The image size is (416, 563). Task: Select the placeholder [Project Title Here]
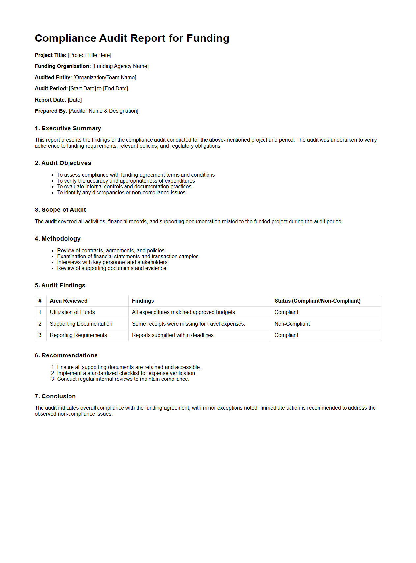pos(90,55)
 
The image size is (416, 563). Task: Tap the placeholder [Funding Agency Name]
pos(120,66)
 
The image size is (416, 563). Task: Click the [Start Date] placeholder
pos(82,89)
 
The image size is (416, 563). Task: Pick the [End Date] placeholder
pos(116,89)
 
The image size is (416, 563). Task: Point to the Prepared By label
pos(51,111)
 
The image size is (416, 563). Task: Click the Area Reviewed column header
pos(69,301)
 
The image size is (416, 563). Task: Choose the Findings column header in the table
pos(143,301)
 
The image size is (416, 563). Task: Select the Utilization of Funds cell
pos(72,312)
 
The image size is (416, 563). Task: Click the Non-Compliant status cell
pos(292,324)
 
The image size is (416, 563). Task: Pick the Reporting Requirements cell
pos(78,335)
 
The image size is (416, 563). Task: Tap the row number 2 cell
pos(40,324)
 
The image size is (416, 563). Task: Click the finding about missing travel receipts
pos(188,324)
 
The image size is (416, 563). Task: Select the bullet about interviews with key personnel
pos(112,262)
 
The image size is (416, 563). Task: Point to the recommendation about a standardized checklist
pos(126,373)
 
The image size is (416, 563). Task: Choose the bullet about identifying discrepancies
pos(121,193)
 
